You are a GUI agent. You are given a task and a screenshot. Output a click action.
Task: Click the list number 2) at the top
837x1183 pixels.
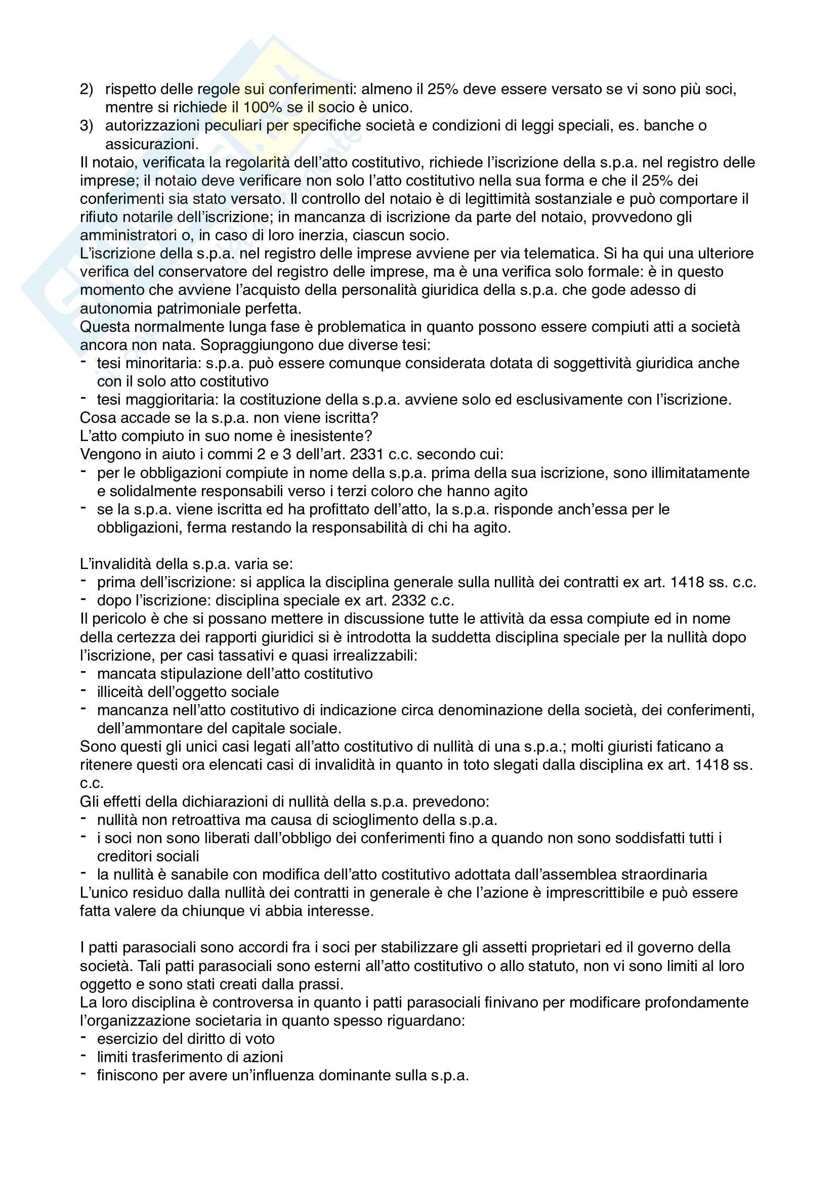click(x=86, y=89)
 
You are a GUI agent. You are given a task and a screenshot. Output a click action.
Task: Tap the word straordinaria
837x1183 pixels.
click(x=662, y=875)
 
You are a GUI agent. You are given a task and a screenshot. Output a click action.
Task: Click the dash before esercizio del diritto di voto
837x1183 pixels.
click(x=83, y=1038)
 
